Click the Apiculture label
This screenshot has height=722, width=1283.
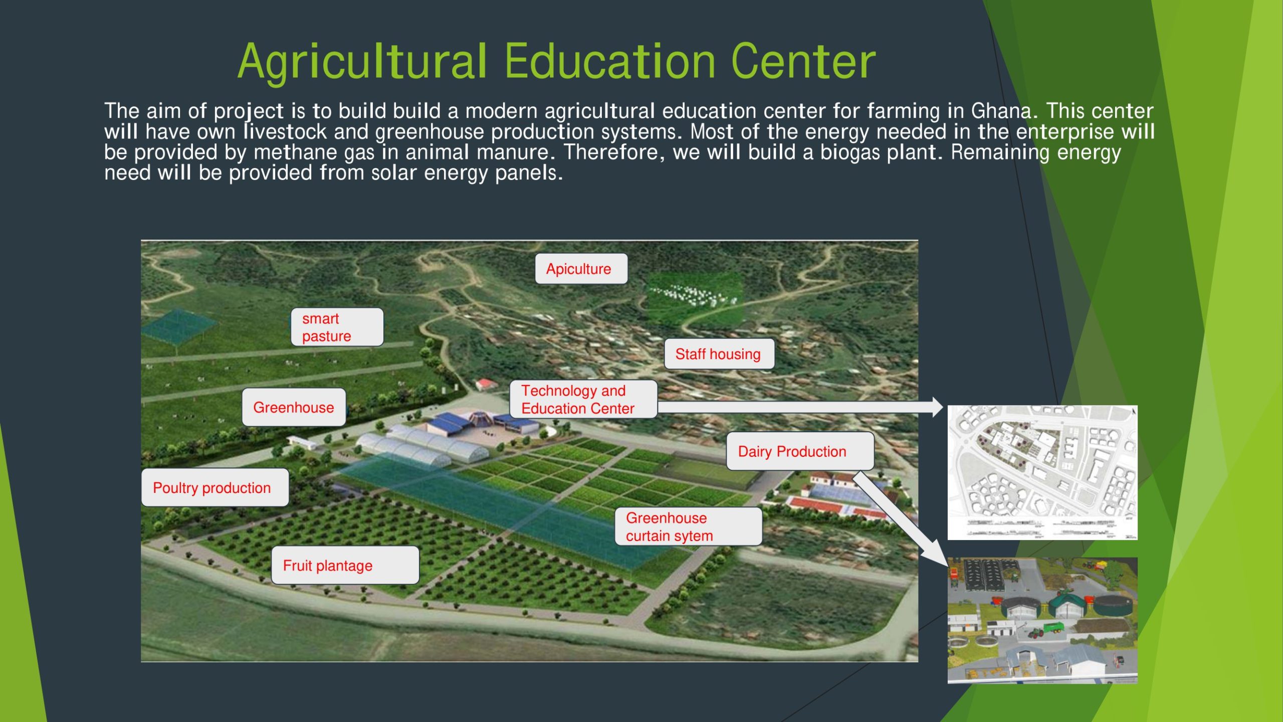pos(581,269)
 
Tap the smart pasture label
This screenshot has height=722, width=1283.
pos(337,327)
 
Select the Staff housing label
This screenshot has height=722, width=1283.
pos(719,354)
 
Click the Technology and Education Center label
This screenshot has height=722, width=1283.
pos(583,399)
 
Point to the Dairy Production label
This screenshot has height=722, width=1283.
pos(800,451)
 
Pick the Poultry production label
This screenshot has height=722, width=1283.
pos(215,487)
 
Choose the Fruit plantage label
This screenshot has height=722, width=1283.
pos(345,565)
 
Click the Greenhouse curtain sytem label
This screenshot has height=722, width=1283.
pos(689,526)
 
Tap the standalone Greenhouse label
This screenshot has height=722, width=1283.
pos(294,407)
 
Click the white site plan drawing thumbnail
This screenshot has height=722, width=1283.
pos(1042,472)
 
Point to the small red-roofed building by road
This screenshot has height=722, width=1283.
pos(485,384)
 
